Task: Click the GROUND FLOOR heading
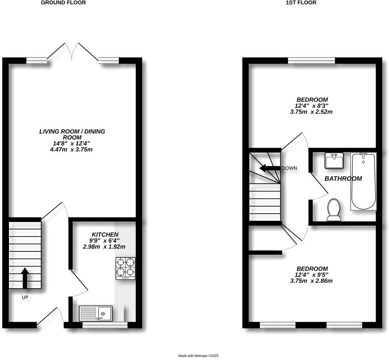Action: [63, 3]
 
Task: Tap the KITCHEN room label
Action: [105, 234]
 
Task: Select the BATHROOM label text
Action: [343, 178]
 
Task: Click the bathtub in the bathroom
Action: [363, 181]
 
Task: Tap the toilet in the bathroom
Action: [334, 210]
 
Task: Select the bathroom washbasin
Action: [334, 160]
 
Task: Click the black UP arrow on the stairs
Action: [25, 277]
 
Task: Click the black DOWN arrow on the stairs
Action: [269, 168]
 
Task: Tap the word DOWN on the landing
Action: [289, 168]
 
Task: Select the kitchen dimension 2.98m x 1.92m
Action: [104, 247]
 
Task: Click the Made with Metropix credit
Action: [198, 356]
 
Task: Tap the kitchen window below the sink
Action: [105, 324]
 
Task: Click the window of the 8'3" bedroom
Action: [311, 60]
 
